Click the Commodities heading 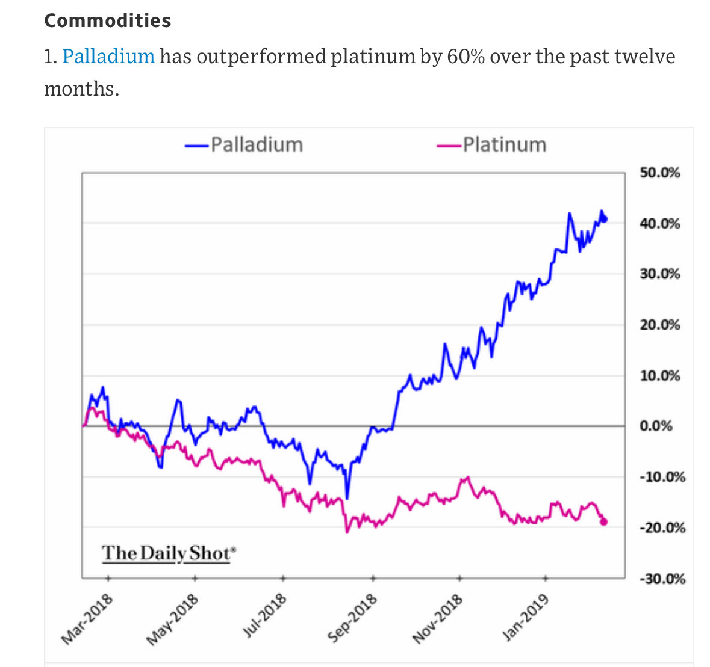point(108,20)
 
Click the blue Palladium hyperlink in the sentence point(108,56)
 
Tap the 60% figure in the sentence point(466,56)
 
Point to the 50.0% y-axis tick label point(659,173)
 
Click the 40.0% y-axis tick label point(659,224)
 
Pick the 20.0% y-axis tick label point(659,325)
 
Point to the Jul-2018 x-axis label point(264,615)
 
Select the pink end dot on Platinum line point(604,521)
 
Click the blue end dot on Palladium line point(605,219)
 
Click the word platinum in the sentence point(373,56)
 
